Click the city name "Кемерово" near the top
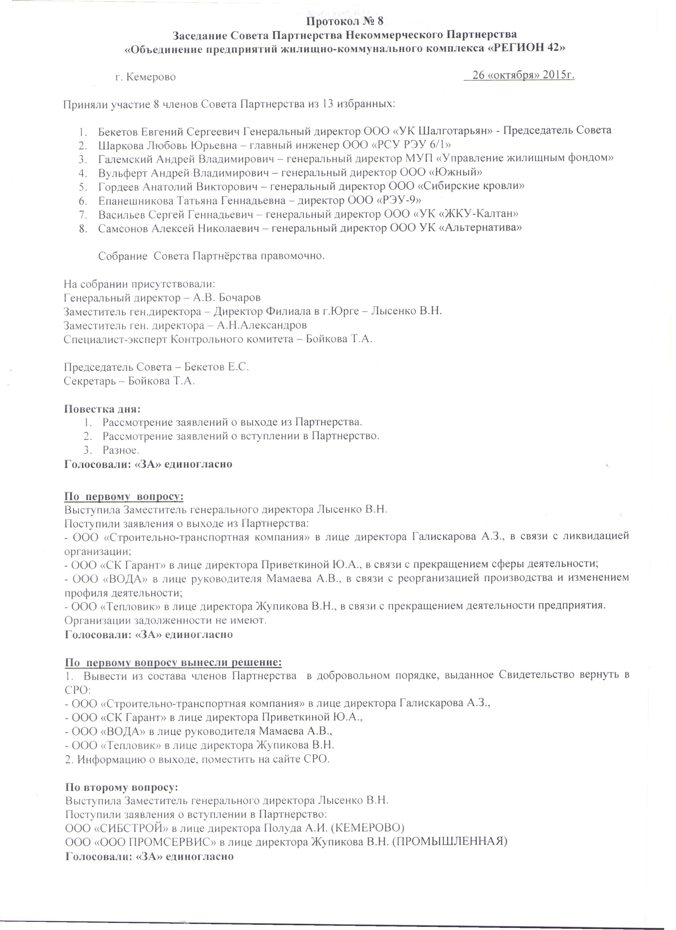pos(152,77)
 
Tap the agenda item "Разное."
pos(121,450)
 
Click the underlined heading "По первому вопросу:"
pos(124,496)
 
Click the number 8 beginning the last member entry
pos(82,228)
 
